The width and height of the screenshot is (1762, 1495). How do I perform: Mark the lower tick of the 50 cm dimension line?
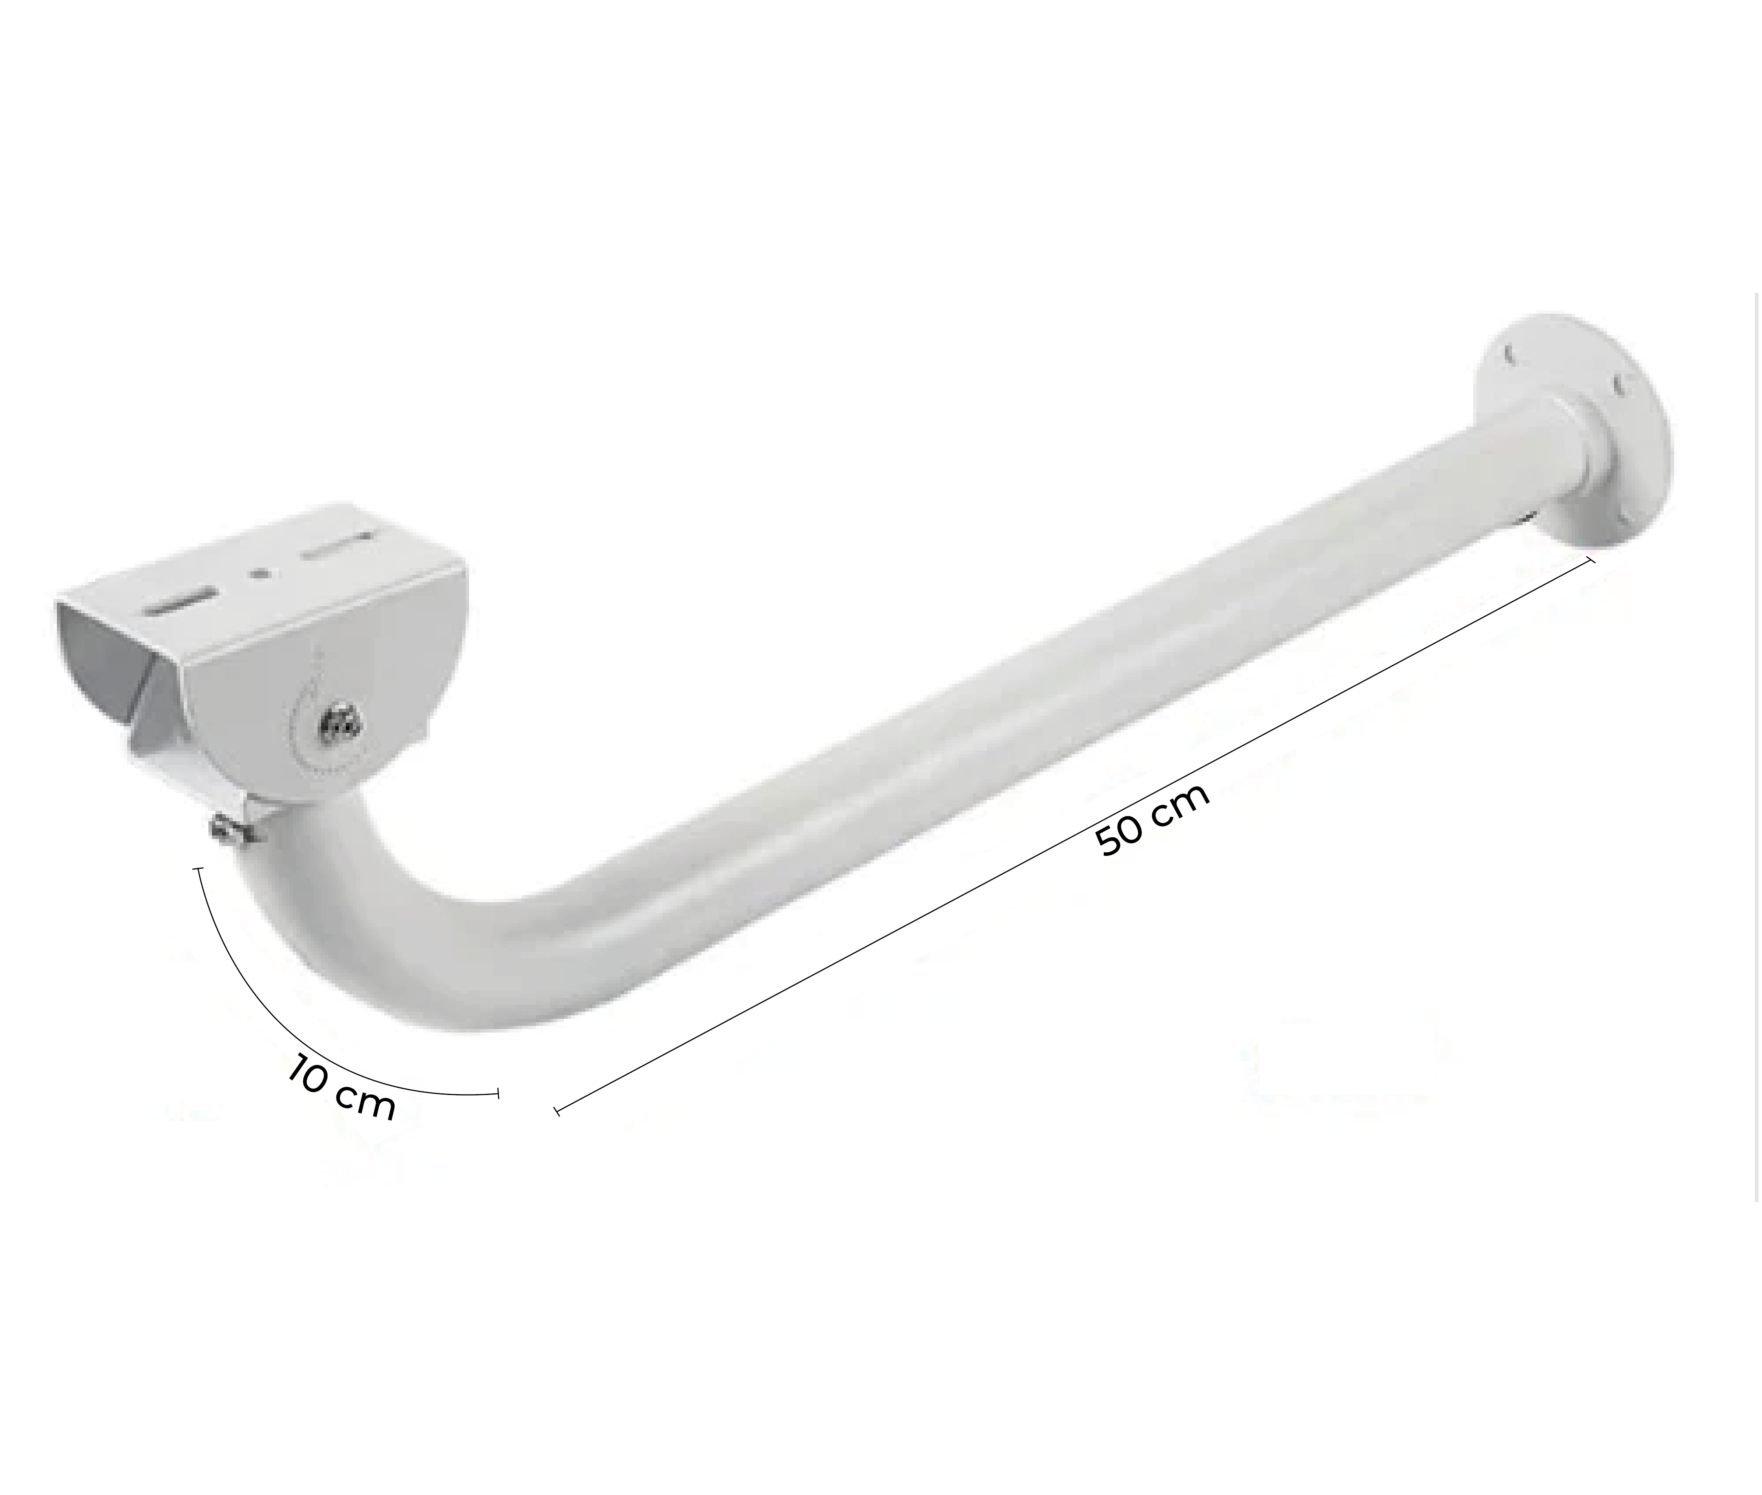pos(557,1110)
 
